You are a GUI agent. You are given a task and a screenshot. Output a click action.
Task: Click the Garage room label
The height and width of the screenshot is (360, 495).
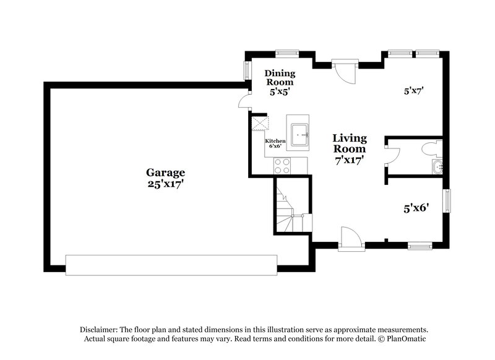(x=165, y=173)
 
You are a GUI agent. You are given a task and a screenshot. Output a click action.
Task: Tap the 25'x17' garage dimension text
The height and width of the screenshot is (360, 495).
(x=165, y=184)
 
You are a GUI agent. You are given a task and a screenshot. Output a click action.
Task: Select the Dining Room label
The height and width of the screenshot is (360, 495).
(x=280, y=77)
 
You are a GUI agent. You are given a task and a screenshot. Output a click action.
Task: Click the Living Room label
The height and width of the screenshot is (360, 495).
(x=350, y=144)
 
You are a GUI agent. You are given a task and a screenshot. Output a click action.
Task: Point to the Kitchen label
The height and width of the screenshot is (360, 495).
(x=275, y=141)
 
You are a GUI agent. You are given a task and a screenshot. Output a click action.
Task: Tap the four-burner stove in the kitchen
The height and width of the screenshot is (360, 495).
(x=282, y=165)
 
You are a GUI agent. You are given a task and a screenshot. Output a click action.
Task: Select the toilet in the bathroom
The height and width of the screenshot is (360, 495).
(x=433, y=148)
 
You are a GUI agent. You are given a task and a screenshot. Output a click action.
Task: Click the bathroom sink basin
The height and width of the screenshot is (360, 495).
(x=437, y=166)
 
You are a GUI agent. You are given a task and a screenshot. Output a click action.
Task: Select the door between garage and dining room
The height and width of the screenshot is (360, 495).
(x=244, y=100)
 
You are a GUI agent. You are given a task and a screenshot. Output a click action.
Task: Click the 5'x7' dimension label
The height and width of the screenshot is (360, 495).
(x=413, y=91)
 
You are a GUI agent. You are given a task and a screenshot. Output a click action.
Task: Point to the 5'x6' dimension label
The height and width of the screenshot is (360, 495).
(x=416, y=209)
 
